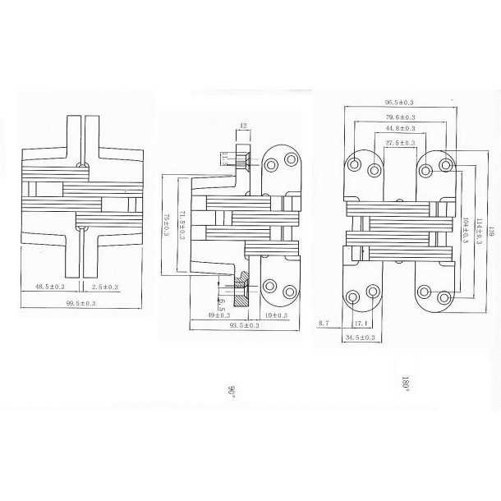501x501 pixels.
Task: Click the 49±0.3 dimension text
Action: [x=218, y=315]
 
